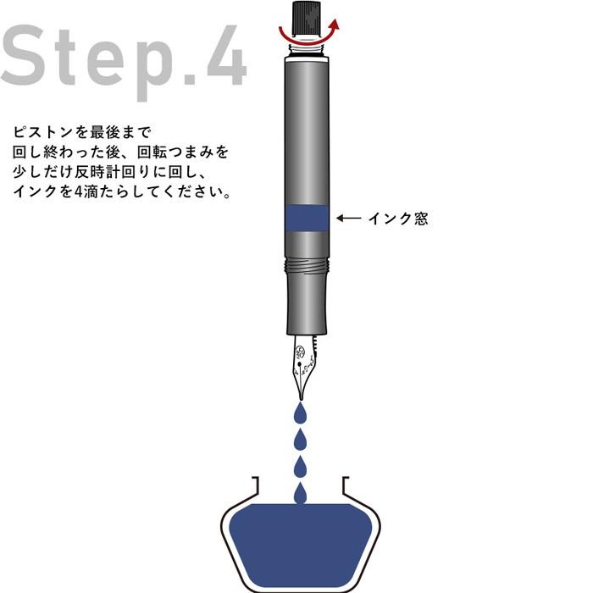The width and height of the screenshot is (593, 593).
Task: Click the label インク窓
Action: point(397,219)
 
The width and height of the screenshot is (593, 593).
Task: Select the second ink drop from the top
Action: point(300,439)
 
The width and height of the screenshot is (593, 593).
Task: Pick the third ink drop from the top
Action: point(300,465)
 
